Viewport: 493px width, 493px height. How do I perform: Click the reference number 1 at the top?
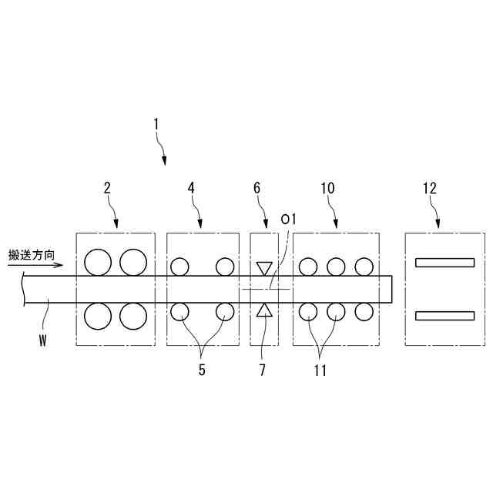click(156, 123)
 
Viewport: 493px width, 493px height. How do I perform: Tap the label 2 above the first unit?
click(107, 187)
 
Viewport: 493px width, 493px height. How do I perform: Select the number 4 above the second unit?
click(190, 187)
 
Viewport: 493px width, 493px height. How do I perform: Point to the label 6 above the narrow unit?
click(257, 187)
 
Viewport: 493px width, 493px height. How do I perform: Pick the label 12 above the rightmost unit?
click(429, 187)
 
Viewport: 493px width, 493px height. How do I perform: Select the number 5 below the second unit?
click(202, 370)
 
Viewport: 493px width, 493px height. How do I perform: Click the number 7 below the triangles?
click(263, 370)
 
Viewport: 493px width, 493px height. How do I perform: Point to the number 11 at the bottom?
click(320, 370)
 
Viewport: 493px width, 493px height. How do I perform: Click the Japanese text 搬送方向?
click(32, 254)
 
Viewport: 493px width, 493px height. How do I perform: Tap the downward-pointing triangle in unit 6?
click(264, 269)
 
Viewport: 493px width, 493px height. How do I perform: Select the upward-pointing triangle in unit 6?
click(264, 310)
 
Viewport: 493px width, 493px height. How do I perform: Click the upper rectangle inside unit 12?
click(444, 262)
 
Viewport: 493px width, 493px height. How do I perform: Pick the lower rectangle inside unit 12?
click(444, 314)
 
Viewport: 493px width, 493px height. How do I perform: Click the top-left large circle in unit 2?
click(99, 262)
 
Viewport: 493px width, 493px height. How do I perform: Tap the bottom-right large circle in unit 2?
click(133, 315)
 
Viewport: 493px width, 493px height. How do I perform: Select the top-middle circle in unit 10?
click(336, 267)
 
